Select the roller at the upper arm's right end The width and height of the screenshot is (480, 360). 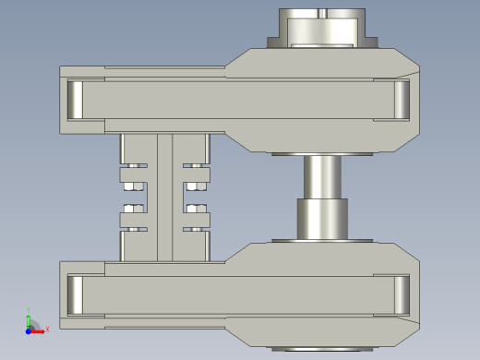pos(402,100)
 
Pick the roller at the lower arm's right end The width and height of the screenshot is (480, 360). pos(402,294)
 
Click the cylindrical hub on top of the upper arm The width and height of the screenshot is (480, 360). pos(322,28)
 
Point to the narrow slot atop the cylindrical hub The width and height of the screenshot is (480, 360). pos(322,13)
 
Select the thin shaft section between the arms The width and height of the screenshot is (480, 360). pos(321,175)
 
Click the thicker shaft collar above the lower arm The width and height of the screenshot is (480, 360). pos(321,220)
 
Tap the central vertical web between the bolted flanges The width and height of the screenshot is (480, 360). pos(165,197)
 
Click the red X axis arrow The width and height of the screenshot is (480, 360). pos(38,330)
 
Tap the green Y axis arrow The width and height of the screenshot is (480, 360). pos(29,319)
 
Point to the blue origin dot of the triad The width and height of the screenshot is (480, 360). pos(29,330)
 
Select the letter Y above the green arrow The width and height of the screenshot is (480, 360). pos(29,310)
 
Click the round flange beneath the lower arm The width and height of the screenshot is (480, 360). pos(322,348)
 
